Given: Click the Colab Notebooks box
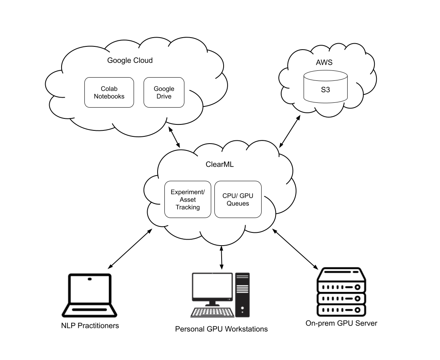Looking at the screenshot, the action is [109, 92].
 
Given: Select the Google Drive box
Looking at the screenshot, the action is [164, 92].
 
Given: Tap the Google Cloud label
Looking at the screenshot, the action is [130, 60].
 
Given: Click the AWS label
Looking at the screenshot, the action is [324, 62].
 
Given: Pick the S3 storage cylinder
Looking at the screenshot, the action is [326, 86].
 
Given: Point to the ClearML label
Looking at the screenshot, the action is [220, 164].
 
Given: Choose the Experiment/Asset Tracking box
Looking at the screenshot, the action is [188, 199].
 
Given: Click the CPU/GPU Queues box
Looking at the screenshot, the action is [238, 199].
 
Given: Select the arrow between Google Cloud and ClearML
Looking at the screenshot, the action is [174, 137].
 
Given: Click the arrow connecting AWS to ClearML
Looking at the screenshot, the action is [290, 131].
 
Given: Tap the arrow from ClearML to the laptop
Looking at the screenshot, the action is [130, 249].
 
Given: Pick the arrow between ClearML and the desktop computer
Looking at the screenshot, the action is [222, 258].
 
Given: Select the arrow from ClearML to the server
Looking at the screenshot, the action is [295, 249].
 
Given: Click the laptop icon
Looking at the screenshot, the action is [89, 295].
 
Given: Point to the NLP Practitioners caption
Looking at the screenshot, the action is [90, 326].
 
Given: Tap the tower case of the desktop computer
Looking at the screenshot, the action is [242, 295].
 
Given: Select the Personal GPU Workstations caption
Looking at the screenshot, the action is [222, 329].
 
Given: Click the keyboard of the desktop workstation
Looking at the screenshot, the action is [212, 312].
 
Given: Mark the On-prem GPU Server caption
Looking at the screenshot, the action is [341, 323].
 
